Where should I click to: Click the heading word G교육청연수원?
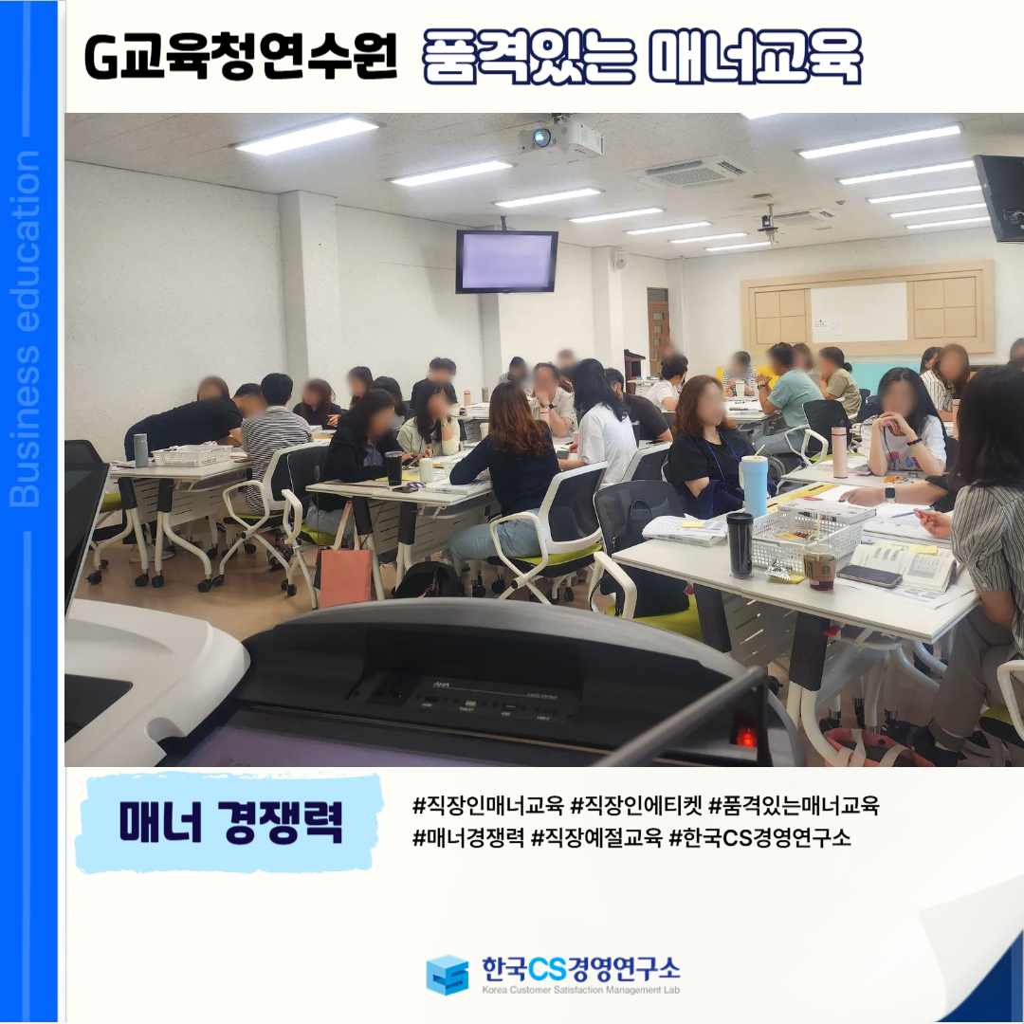click(240, 58)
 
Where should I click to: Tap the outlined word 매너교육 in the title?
click(755, 58)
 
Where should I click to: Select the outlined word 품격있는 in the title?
click(528, 58)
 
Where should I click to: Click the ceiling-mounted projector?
click(561, 137)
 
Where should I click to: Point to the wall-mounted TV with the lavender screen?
click(506, 262)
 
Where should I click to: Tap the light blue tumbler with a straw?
click(754, 485)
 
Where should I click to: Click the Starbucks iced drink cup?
click(819, 564)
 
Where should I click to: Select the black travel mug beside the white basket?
click(740, 544)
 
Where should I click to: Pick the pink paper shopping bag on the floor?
click(345, 576)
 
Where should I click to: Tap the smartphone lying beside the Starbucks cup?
click(869, 576)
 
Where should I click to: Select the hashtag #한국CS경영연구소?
click(760, 837)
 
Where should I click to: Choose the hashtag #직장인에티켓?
click(636, 806)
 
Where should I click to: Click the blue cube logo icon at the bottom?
click(448, 975)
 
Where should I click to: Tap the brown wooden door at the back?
click(659, 331)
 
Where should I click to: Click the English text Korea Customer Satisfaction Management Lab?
click(580, 990)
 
